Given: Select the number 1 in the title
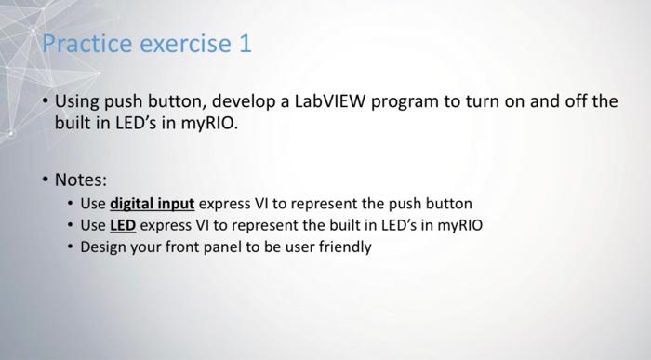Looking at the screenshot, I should [x=246, y=45].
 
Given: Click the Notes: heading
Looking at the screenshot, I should [x=81, y=178].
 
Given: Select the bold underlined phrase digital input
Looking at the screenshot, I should [x=152, y=203].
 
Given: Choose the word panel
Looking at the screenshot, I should [x=229, y=247].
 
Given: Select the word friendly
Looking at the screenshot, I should [x=345, y=247].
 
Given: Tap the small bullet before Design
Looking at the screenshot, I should [x=71, y=247].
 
